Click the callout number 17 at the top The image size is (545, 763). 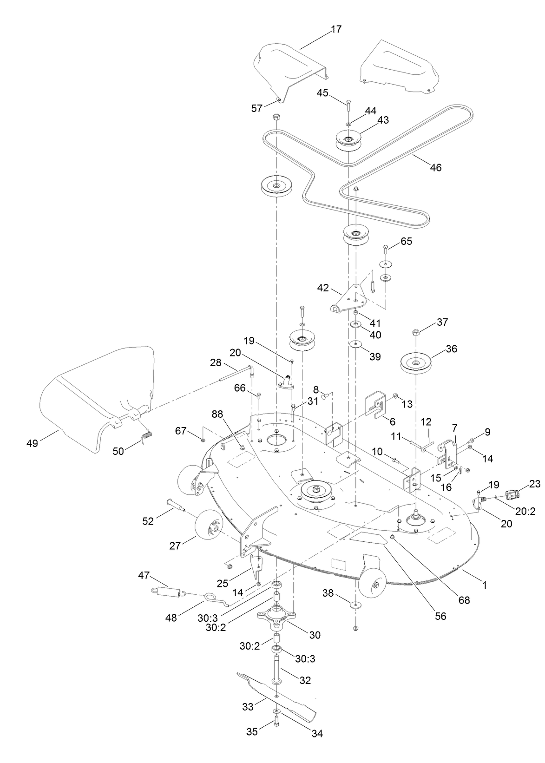pos(336,29)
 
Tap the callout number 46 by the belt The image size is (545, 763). pos(435,167)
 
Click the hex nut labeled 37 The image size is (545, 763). pos(416,333)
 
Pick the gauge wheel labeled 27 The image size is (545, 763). pos(208,524)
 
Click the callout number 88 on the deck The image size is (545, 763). pos(217,414)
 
